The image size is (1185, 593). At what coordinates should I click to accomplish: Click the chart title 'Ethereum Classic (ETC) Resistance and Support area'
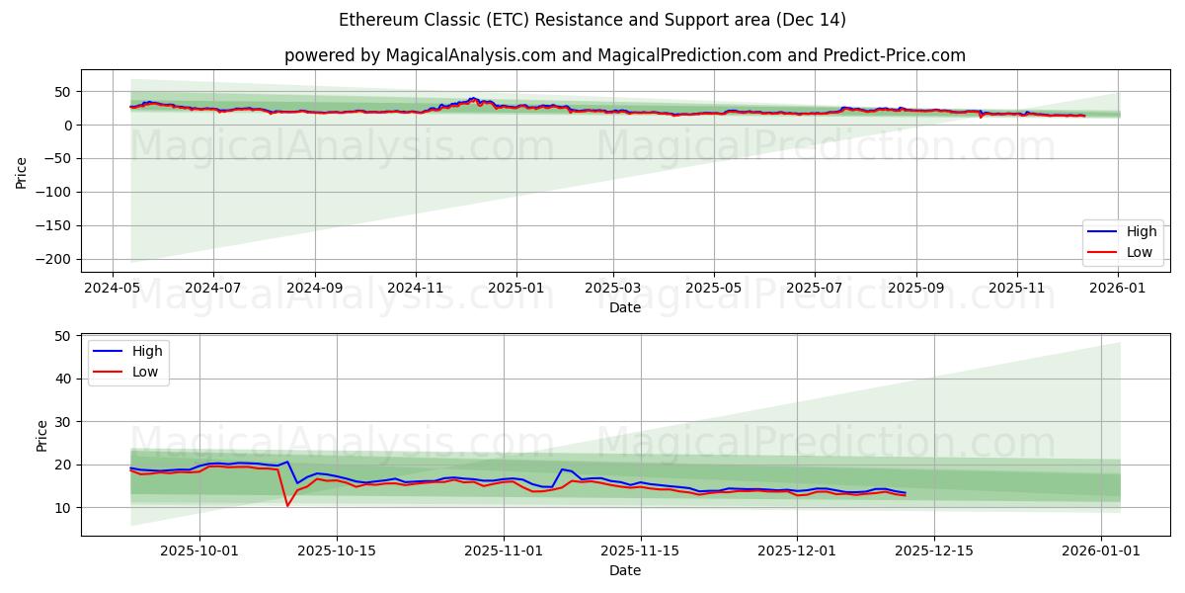click(x=592, y=20)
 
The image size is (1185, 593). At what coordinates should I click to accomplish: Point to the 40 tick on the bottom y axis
click(x=62, y=379)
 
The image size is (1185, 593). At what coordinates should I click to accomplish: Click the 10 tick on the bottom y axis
click(x=62, y=508)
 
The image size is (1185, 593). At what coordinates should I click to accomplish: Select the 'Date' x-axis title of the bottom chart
click(x=624, y=570)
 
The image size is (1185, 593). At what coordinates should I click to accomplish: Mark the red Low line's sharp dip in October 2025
click(x=287, y=506)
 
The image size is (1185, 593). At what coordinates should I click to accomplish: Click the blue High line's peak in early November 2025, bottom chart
click(x=562, y=469)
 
